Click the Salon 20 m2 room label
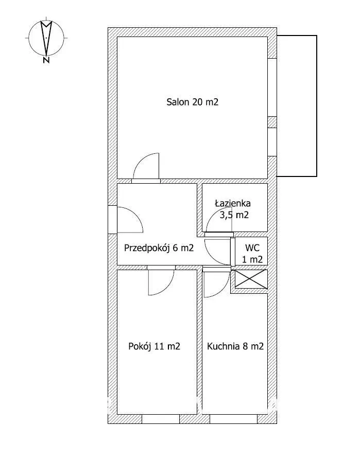coord(192,102)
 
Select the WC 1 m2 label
coord(252,253)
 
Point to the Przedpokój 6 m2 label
coord(159,248)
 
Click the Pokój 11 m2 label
coord(154,346)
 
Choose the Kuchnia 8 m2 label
coord(235,346)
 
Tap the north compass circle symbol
coord(46,38)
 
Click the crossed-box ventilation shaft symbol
coord(251,278)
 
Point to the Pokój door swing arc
coord(161,283)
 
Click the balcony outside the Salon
coord(297,105)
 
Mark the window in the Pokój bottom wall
coord(160,419)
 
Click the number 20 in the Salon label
coord(197,102)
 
